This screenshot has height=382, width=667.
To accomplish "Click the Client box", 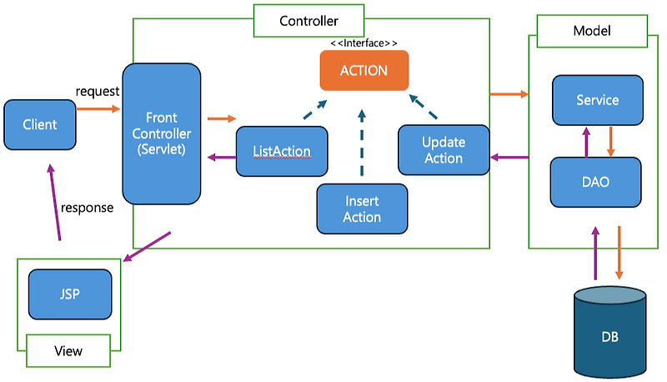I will (x=40, y=124).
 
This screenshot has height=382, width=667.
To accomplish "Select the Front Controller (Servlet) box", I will (x=162, y=133).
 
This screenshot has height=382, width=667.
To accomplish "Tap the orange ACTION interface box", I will (x=364, y=70).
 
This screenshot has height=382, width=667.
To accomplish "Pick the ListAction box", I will (x=282, y=151).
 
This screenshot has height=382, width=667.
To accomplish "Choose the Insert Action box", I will (x=362, y=209).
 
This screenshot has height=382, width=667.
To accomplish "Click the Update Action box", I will (x=442, y=149).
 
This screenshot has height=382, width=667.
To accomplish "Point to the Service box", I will (x=597, y=100).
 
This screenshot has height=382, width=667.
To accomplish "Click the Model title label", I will (x=592, y=31).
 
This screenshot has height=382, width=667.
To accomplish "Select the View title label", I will (x=68, y=351).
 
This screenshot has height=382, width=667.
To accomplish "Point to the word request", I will (x=98, y=90).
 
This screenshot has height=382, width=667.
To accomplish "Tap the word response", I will (x=86, y=208).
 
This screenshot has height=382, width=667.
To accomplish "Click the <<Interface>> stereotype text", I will (x=364, y=43).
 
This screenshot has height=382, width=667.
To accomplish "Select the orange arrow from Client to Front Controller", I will (x=98, y=108).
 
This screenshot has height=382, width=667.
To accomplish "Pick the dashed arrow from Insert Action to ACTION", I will (x=362, y=142).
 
